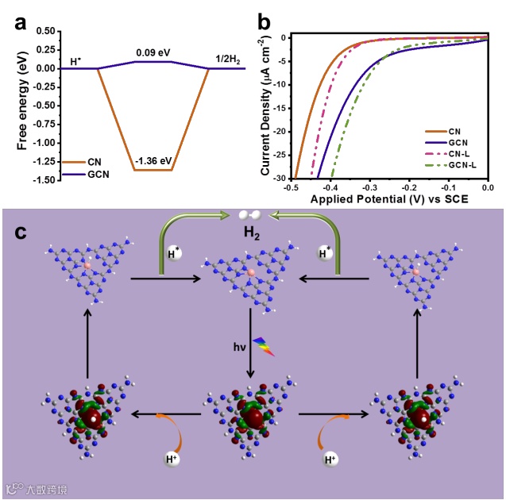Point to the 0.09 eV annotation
pos(153,52)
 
